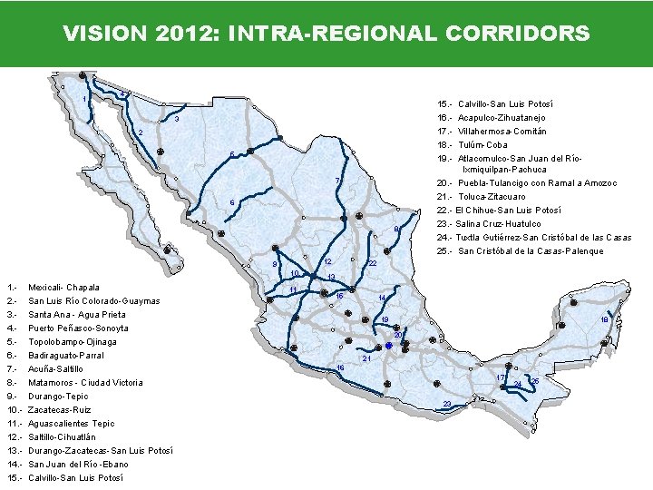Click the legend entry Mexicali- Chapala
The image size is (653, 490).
[64, 288]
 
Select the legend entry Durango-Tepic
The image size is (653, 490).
[59, 397]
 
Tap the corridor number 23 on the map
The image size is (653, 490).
[446, 403]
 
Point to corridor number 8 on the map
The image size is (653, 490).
[396, 229]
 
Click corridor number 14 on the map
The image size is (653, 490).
[382, 299]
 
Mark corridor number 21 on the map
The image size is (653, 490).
[366, 359]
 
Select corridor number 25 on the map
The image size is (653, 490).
[535, 380]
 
